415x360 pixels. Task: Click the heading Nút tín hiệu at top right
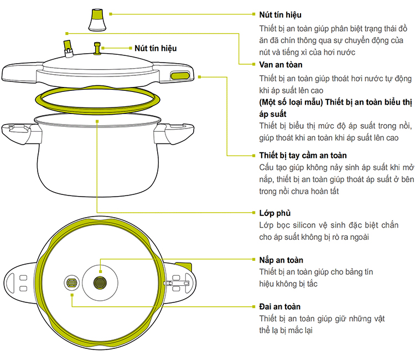[281, 14]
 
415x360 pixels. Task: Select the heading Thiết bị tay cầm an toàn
[303, 155]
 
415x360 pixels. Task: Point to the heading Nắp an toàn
[281, 260]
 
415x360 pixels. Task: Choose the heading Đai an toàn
[280, 306]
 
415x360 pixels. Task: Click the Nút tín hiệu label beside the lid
[155, 48]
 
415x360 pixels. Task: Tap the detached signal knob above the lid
[97, 20]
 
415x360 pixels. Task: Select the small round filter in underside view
[72, 282]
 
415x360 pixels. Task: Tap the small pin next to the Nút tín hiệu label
[99, 49]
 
